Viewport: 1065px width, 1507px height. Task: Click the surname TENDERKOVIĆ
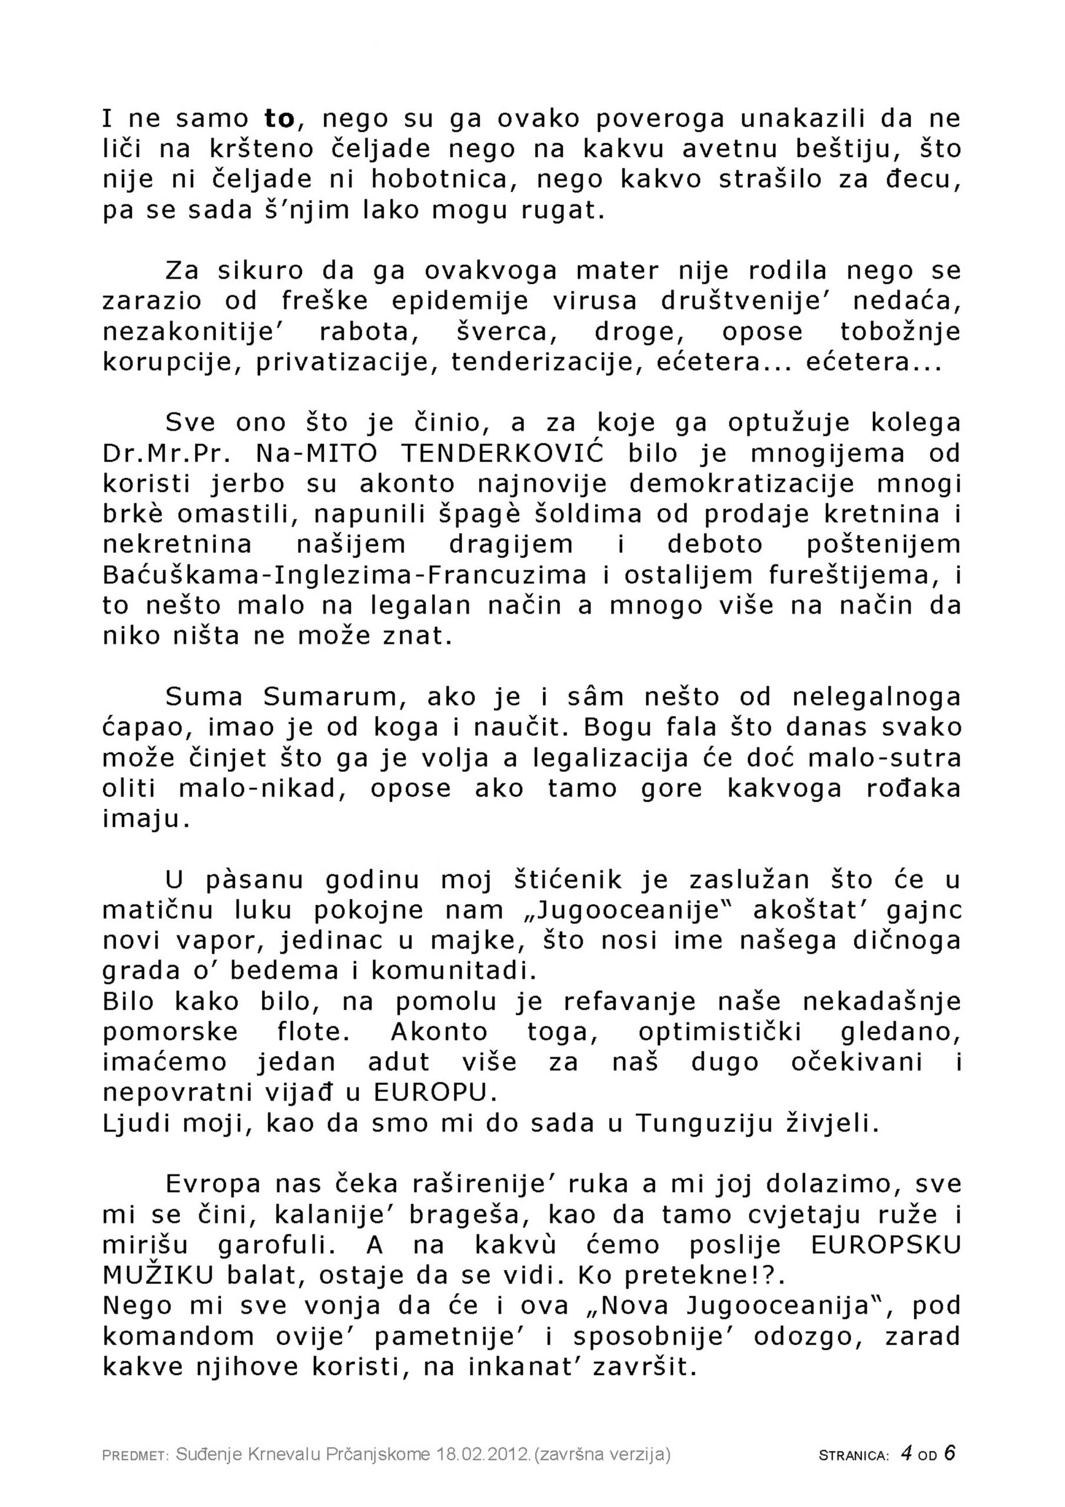tap(503, 453)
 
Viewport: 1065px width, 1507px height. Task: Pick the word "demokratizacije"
tap(742, 484)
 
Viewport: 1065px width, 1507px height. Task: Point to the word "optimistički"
tap(719, 1032)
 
